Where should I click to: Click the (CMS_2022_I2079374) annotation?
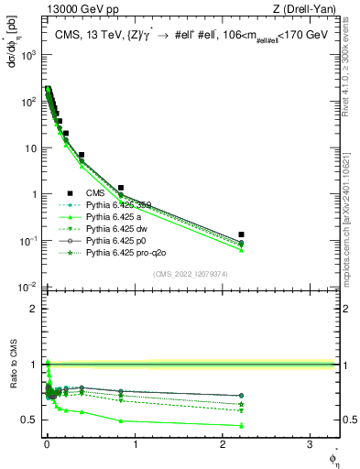pos(189,272)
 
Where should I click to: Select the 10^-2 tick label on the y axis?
pos(27,288)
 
